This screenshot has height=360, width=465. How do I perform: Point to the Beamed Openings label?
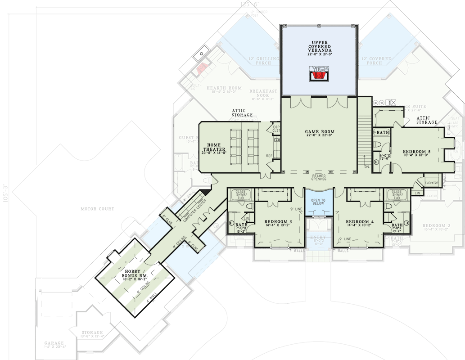tap(319, 177)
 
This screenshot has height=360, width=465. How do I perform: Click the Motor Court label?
tap(97, 209)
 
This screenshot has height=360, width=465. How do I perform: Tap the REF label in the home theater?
tap(270, 156)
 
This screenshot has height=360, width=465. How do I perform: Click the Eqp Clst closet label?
tap(276, 129)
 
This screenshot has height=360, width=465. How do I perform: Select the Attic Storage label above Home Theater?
tap(242, 112)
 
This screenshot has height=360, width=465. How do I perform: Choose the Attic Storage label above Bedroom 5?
tap(426, 120)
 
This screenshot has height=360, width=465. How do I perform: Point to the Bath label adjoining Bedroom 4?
tap(397, 225)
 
